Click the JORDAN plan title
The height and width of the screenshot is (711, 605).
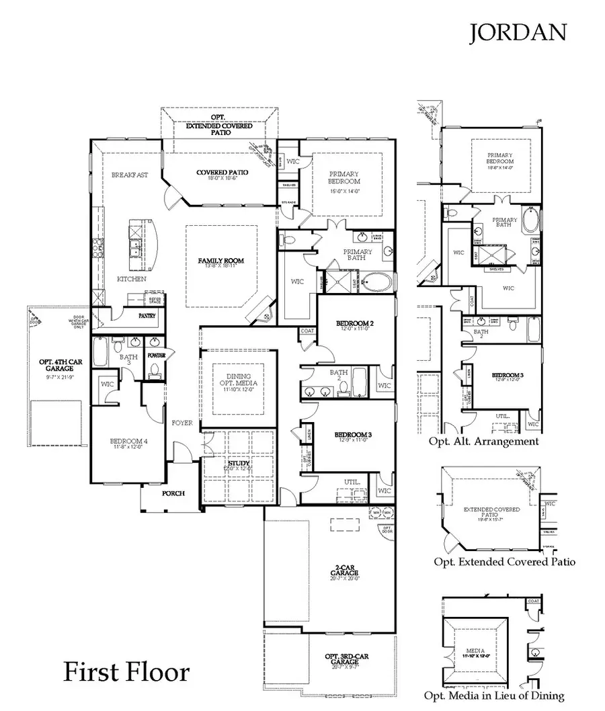(x=518, y=32)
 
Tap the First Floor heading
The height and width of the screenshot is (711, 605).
(x=126, y=672)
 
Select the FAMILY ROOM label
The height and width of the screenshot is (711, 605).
(x=220, y=261)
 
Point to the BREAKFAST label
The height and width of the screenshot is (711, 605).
(x=130, y=175)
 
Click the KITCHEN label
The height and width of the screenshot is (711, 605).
(x=132, y=278)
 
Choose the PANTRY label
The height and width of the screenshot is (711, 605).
(x=148, y=315)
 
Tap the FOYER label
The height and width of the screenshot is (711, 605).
(x=182, y=423)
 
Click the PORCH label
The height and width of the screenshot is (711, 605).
(x=173, y=493)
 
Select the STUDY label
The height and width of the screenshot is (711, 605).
(x=239, y=463)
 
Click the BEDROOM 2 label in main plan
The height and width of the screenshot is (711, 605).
(x=355, y=324)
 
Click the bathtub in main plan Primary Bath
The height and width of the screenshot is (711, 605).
(x=378, y=280)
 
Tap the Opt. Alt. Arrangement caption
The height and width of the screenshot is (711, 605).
(x=483, y=442)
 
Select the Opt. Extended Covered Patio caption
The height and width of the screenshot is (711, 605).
(x=504, y=562)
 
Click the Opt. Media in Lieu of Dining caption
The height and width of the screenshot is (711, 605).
(x=494, y=696)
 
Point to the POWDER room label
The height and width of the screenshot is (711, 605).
(x=156, y=356)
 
